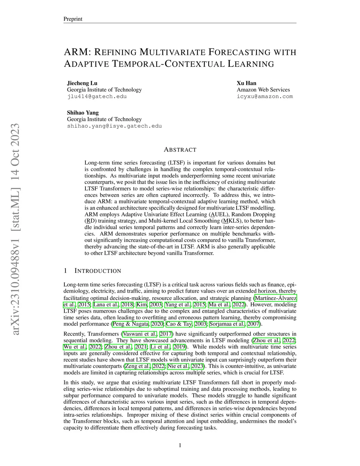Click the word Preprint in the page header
73,19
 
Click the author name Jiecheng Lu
82,83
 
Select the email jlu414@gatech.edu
97,96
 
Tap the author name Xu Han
246,83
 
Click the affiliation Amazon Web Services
263,90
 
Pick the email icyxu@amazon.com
265,96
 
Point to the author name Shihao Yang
83,113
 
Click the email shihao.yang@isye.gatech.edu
114,126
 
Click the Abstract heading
180,150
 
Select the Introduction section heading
98,271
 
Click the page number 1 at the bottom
180,446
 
